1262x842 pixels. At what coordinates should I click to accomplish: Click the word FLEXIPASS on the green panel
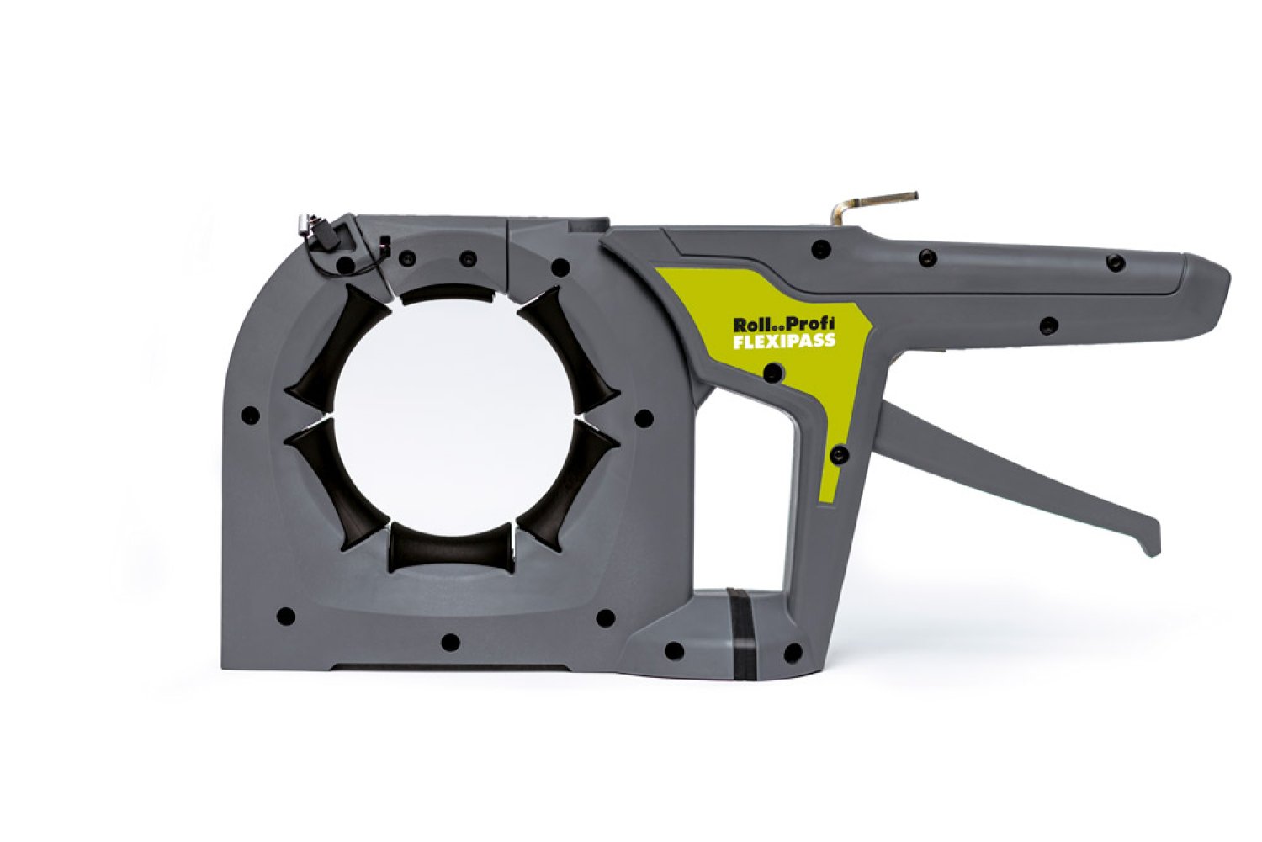[x=783, y=342]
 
